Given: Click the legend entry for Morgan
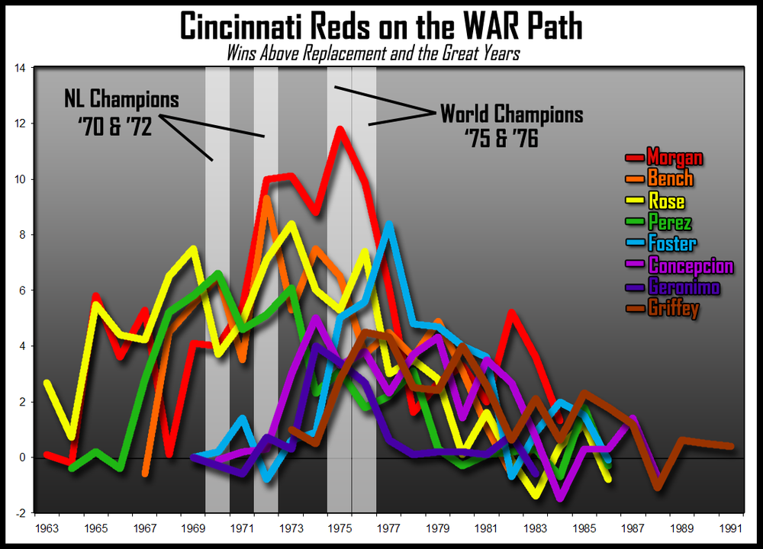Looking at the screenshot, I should click(x=674, y=158).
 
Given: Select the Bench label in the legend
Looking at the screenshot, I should click(x=670, y=179).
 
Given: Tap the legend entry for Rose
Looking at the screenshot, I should click(x=665, y=201).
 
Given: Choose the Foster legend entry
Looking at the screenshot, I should click(x=671, y=244).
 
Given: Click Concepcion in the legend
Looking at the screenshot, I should click(x=690, y=266).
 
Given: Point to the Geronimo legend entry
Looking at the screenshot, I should click(x=683, y=287).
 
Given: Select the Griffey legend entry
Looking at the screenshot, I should click(x=673, y=309).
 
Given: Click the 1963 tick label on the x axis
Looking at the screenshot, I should click(x=47, y=527).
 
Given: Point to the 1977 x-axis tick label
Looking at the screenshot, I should click(x=388, y=527).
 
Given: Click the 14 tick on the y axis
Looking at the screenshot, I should click(x=21, y=69).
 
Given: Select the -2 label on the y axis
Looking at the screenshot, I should click(x=22, y=513).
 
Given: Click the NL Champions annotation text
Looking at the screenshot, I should click(x=122, y=100).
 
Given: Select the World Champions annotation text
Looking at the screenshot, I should click(x=511, y=115).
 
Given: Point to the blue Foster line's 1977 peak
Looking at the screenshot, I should click(x=388, y=224).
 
